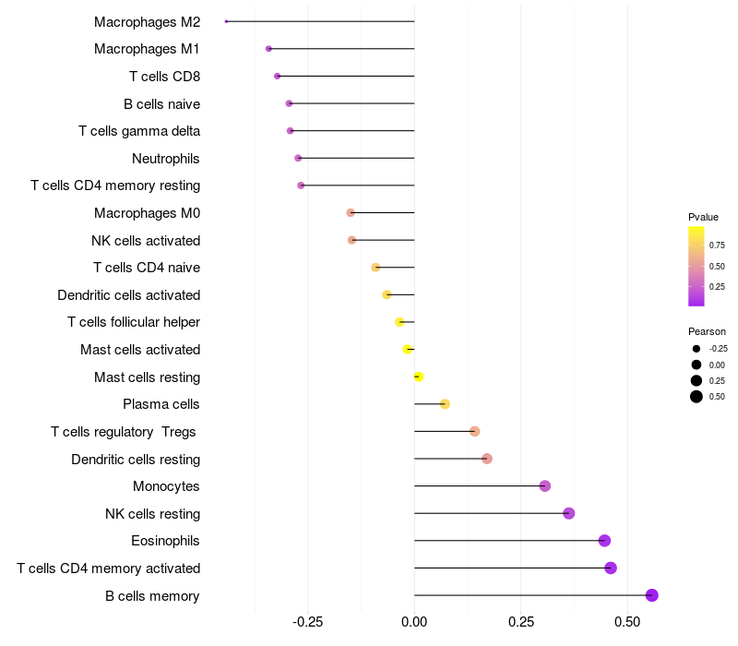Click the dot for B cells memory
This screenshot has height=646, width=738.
click(x=652, y=595)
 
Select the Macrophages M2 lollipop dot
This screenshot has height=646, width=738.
click(x=226, y=21)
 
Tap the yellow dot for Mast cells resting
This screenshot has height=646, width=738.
click(x=419, y=377)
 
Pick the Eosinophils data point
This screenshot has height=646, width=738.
click(x=604, y=541)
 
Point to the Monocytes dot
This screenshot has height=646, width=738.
click(x=544, y=485)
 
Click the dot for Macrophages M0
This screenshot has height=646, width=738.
click(x=351, y=212)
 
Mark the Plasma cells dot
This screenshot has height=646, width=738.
click(x=445, y=404)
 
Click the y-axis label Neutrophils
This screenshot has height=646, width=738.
click(x=166, y=159)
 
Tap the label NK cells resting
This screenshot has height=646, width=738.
click(x=152, y=514)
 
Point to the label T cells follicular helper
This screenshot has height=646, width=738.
click(x=134, y=322)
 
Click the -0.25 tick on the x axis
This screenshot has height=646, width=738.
click(x=307, y=621)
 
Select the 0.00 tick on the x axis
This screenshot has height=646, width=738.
click(x=414, y=621)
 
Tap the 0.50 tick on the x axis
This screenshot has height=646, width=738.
click(x=627, y=621)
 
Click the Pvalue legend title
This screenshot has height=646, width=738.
click(x=703, y=217)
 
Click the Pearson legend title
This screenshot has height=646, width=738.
click(x=707, y=331)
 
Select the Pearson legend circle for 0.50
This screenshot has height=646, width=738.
click(x=696, y=397)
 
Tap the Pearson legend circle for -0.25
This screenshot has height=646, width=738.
click(x=696, y=349)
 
